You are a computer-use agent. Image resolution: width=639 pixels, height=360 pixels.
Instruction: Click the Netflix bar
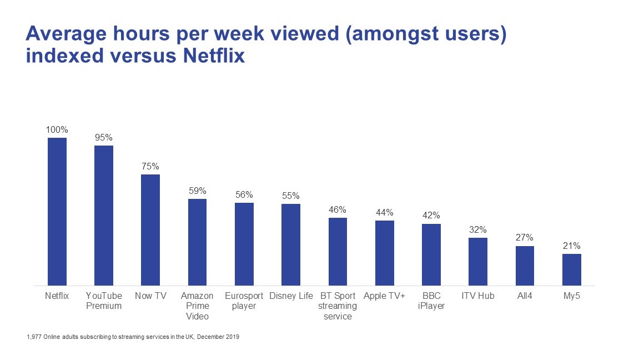pos(57,212)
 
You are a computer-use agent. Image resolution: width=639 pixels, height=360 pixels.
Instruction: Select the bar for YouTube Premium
pos(104,216)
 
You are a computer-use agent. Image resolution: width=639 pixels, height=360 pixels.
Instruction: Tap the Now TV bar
pos(150,230)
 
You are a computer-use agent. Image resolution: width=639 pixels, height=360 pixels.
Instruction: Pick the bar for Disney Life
pos(291,244)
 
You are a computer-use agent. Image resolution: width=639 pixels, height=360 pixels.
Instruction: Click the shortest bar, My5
pos(571,270)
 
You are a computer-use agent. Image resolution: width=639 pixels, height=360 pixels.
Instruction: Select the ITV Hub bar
pos(478,262)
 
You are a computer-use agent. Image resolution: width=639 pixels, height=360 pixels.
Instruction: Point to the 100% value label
pos(57,129)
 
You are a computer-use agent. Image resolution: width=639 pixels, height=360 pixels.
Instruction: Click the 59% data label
pos(197,191)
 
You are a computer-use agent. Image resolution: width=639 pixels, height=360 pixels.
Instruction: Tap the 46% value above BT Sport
pos(338,209)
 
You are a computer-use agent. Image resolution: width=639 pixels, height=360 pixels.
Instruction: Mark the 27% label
pos(525,238)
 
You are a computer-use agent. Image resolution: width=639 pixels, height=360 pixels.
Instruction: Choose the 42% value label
pos(431,216)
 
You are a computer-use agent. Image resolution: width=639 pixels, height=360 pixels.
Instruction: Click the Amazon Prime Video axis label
pos(197,306)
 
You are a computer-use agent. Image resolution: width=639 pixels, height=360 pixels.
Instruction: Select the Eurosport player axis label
pos(244,301)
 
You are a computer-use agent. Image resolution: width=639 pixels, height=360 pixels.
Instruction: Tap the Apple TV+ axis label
pos(385,296)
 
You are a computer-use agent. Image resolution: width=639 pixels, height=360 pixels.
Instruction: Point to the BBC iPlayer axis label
pos(431,301)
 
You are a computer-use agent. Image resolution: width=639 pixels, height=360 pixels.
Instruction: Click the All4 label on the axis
pos(525,296)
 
